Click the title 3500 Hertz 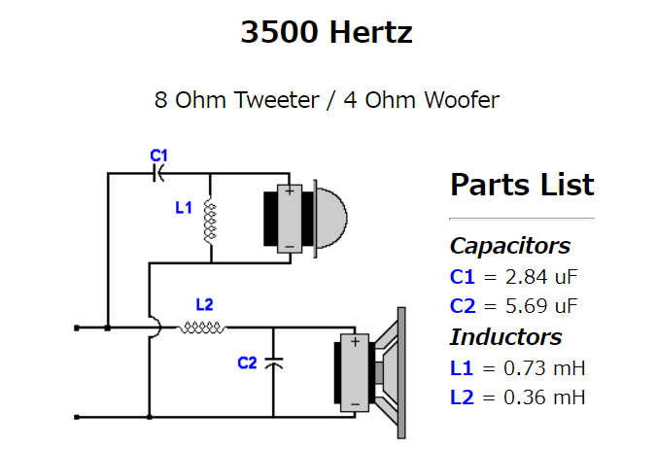tap(327, 33)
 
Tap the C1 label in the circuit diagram tap(159, 155)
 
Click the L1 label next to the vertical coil tap(184, 207)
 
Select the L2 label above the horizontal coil tap(204, 304)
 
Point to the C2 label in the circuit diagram tap(248, 363)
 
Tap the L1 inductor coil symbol tap(210, 223)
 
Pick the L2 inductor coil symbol tap(201, 328)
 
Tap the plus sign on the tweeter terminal tap(289, 192)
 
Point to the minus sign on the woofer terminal tap(356, 400)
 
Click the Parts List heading tap(522, 185)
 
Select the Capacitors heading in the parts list tap(509, 246)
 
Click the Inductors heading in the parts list tap(505, 337)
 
